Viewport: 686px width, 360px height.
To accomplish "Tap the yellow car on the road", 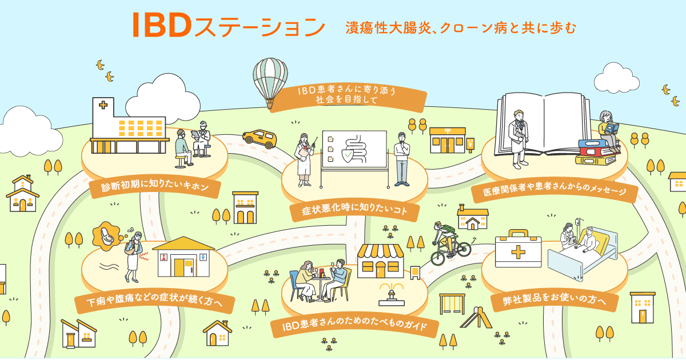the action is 260,139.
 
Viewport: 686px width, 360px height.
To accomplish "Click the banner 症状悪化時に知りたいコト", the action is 354,210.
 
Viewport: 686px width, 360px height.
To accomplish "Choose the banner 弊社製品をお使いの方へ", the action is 554,299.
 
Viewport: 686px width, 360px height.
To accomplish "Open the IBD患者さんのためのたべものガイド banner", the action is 354,325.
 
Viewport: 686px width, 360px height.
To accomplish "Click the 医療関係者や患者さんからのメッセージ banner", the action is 555,190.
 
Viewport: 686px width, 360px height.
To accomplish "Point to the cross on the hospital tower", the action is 103,105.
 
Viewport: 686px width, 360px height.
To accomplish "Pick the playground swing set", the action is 452,303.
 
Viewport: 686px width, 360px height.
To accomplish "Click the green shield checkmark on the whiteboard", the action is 348,156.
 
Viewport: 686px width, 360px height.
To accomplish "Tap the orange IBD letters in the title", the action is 162,25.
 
